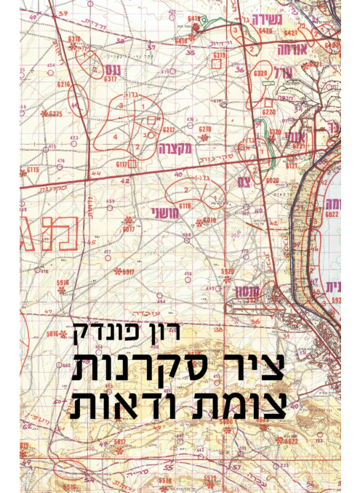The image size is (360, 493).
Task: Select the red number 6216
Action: (x=65, y=84)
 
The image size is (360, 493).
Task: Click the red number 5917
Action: (x=129, y=272)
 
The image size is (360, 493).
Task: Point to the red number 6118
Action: (x=185, y=206)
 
